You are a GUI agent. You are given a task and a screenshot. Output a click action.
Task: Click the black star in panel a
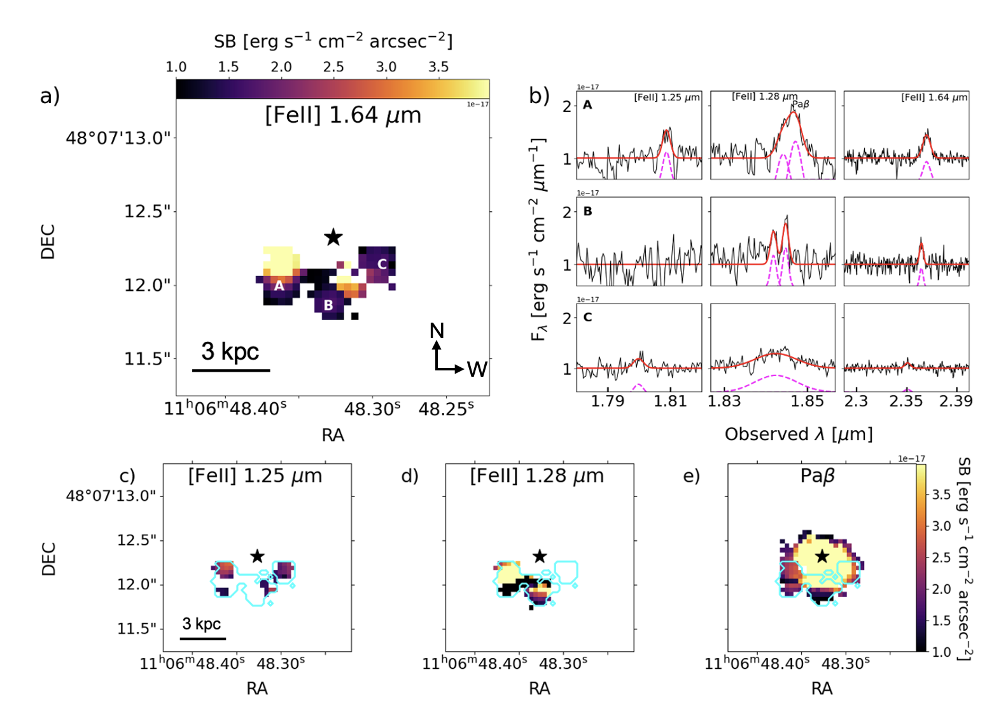click(x=333, y=237)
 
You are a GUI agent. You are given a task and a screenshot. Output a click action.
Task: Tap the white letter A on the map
click(x=279, y=286)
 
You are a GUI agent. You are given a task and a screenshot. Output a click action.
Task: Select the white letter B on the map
click(x=328, y=305)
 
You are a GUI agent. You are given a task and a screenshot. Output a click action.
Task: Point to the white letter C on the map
click(x=382, y=264)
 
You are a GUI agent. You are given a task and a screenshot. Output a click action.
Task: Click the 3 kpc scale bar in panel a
click(x=231, y=370)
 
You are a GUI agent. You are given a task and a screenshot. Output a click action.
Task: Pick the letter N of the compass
click(x=437, y=330)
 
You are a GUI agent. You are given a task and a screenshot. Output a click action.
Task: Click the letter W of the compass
click(x=477, y=369)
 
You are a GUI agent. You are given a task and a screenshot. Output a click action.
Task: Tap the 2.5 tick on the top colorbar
click(x=333, y=67)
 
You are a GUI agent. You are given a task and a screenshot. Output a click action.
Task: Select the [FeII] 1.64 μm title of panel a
click(x=343, y=116)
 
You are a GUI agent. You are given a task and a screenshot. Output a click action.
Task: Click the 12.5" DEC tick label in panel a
click(x=148, y=211)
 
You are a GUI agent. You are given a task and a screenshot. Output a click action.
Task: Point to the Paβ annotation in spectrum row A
click(x=801, y=104)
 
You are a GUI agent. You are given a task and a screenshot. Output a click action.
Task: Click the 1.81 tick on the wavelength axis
click(x=670, y=401)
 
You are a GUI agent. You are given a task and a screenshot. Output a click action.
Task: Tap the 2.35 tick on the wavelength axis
click(x=906, y=401)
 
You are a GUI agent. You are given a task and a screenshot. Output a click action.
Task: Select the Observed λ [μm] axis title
click(x=799, y=434)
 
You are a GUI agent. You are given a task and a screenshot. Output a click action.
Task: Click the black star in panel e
click(x=822, y=556)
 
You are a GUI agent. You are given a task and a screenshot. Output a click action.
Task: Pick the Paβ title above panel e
click(x=817, y=476)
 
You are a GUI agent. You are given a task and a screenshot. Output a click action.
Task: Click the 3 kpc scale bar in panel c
click(x=203, y=638)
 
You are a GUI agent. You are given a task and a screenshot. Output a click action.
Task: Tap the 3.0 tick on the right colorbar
click(x=941, y=526)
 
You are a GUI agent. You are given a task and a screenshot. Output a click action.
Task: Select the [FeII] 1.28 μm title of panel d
click(x=537, y=476)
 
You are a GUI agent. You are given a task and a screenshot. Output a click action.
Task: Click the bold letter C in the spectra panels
click(x=587, y=317)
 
